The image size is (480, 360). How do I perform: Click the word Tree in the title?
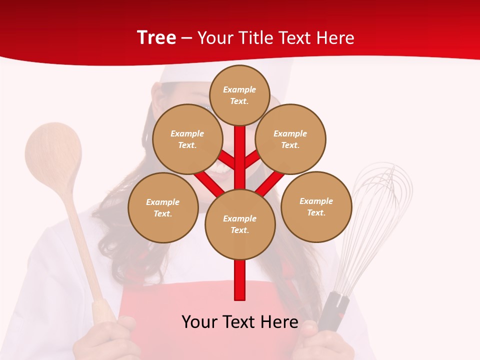(x=156, y=38)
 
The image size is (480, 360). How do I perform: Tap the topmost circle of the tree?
(x=239, y=95)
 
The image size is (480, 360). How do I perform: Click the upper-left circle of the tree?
(x=187, y=139)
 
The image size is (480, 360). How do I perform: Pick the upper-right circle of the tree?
(x=290, y=139)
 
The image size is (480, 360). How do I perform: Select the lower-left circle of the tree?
(x=163, y=207)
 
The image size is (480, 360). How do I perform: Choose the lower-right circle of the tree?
(x=316, y=206)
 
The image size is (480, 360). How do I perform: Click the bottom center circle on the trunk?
(x=240, y=224)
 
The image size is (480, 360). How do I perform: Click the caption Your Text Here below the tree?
(x=240, y=322)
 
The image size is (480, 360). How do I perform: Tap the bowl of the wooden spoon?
(x=53, y=155)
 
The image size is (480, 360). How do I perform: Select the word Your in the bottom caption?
(x=200, y=322)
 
